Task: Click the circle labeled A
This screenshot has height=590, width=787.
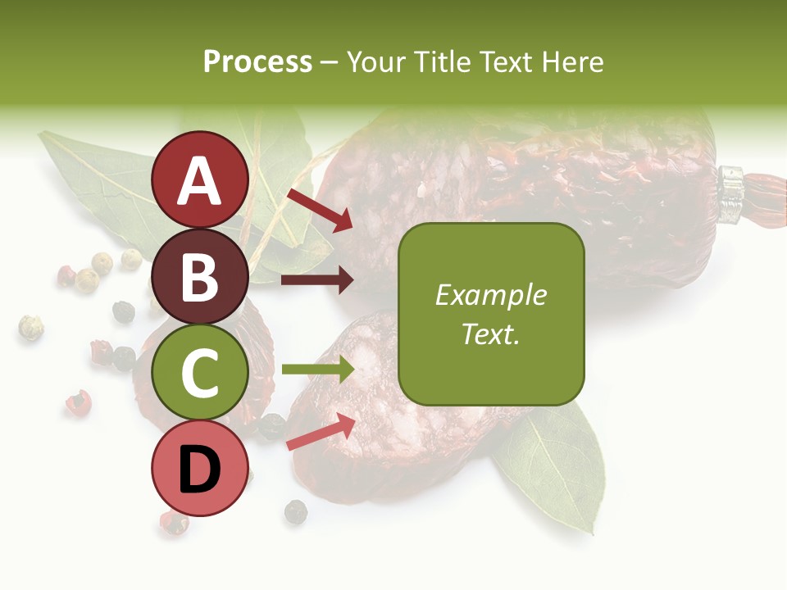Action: [200, 179]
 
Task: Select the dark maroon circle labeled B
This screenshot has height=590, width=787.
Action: [200, 276]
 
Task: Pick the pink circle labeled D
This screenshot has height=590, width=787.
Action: [200, 469]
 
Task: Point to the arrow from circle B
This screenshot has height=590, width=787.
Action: [317, 280]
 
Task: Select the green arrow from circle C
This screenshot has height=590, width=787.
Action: [317, 370]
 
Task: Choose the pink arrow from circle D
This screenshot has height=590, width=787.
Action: [321, 432]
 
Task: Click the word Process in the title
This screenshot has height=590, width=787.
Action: [257, 61]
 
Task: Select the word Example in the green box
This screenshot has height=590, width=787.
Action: [491, 295]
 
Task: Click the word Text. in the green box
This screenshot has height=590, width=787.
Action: [491, 334]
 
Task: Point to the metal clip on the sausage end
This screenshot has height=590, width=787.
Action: [731, 195]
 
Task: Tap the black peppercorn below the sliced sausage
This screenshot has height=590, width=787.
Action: [296, 512]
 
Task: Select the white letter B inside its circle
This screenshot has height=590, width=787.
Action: [200, 276]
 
